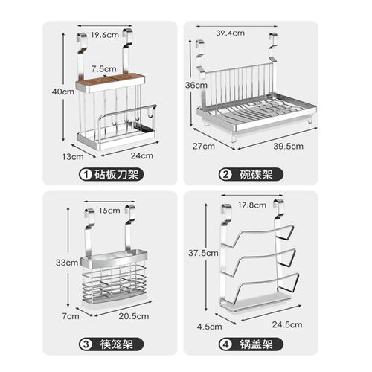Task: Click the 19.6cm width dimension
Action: [x=105, y=35]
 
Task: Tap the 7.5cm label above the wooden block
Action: [x=103, y=68]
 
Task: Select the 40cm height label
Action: [x=63, y=92]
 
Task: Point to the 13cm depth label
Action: [x=73, y=157]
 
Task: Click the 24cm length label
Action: [x=142, y=155]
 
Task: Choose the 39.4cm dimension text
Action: [x=230, y=33]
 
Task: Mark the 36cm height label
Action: [x=196, y=85]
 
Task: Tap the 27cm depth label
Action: [x=204, y=146]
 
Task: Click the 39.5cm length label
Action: [x=289, y=146]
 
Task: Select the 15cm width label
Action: [x=109, y=211]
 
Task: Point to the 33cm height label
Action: [x=67, y=263]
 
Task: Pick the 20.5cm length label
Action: [x=134, y=316]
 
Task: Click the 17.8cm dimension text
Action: [x=252, y=205]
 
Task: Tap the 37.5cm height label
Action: [x=203, y=253]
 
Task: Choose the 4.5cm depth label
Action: [x=210, y=327]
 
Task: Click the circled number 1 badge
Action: [x=86, y=174]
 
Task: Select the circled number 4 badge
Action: [x=225, y=344]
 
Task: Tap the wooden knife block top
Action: [x=110, y=79]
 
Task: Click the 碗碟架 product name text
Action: [x=257, y=174]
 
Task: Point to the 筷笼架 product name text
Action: [x=117, y=344]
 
